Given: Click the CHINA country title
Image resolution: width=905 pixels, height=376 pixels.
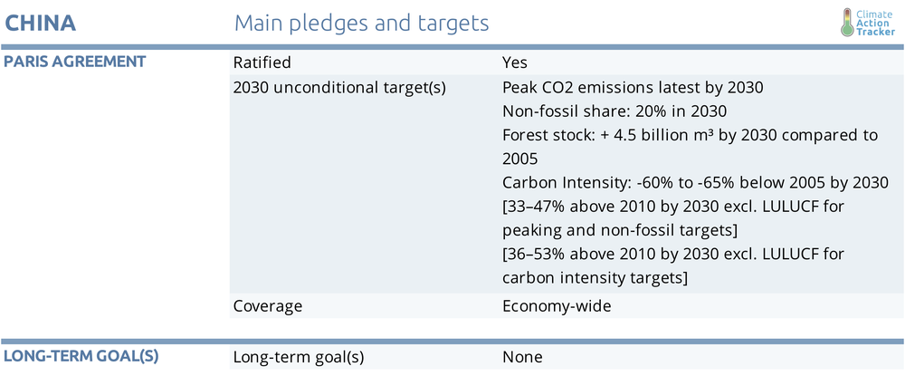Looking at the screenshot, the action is (41, 23).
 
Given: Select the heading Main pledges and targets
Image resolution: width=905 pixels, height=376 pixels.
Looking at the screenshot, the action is (362, 24).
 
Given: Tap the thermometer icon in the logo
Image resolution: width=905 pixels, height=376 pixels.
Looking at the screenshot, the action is (847, 23).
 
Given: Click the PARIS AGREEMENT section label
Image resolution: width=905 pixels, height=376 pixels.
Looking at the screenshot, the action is (75, 62).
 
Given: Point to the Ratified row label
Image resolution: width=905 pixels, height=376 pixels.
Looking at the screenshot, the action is (262, 62).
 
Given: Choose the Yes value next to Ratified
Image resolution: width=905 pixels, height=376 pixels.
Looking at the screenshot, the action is (515, 62).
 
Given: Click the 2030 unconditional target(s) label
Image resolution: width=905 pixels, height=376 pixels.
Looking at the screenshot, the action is (339, 89).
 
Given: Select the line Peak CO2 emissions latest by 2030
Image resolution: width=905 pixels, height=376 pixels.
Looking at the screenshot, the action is (633, 89).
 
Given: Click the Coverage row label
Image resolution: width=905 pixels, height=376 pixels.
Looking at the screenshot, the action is (268, 306).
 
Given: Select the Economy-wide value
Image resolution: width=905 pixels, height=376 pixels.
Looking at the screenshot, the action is (557, 306).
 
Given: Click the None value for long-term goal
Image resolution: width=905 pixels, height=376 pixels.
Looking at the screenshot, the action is (522, 357).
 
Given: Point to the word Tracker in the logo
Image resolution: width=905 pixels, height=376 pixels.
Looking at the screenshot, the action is (876, 33).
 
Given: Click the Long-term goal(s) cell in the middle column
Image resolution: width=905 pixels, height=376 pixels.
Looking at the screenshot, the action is (299, 357).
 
